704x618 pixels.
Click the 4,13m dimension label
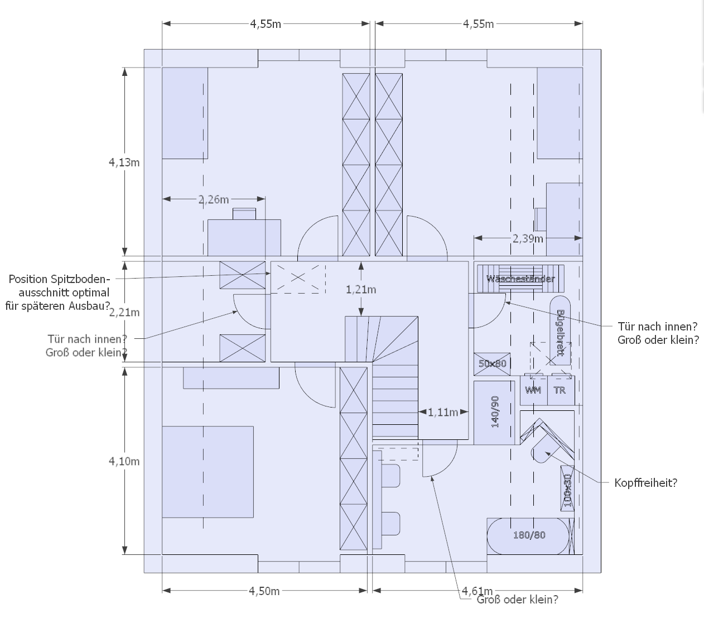[x=124, y=162]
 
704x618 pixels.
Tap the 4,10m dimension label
[x=124, y=461]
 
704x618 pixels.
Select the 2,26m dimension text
[x=213, y=199]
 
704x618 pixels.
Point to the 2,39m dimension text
[x=528, y=238]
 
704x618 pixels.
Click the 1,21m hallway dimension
[x=361, y=289]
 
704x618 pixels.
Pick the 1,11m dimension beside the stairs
[x=443, y=412]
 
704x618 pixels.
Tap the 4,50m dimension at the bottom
[x=264, y=591]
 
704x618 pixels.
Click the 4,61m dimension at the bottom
[x=477, y=591]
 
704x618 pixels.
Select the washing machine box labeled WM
[x=533, y=390]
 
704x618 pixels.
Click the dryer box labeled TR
[x=560, y=390]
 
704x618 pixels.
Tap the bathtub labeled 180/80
[x=529, y=535]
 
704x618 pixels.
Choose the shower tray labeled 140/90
[x=494, y=413]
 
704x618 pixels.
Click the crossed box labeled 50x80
[x=492, y=363]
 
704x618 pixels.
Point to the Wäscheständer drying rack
[x=520, y=278]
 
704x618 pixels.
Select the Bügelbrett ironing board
[x=561, y=332]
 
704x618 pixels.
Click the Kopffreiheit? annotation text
[x=645, y=483]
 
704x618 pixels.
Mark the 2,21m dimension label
[x=124, y=313]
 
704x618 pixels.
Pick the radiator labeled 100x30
[x=567, y=488]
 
